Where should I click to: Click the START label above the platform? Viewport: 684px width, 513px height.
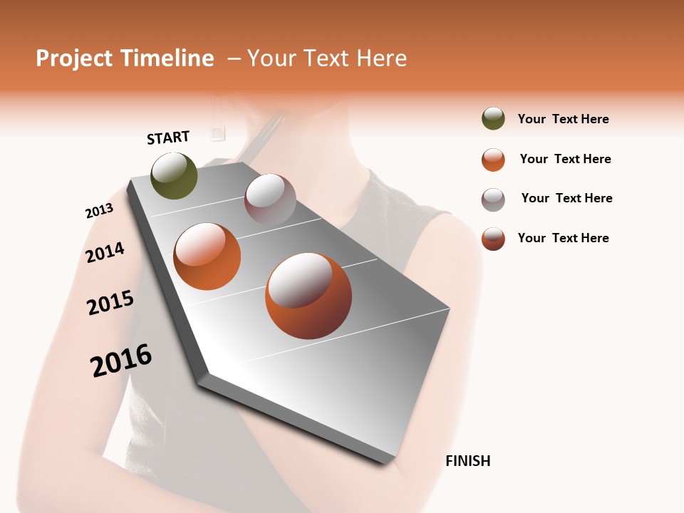pos(168,138)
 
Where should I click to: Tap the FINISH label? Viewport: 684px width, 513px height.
pos(468,461)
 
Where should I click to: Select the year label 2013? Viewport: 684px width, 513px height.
pos(99,211)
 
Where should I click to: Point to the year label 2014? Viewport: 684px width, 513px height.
pos(105,252)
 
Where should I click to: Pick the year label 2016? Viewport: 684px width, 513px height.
pos(121,361)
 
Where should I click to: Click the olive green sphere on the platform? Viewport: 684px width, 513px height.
pos(174,176)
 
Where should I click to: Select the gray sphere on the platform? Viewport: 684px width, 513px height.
pos(270,199)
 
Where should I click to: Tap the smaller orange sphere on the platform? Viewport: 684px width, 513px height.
pos(207,256)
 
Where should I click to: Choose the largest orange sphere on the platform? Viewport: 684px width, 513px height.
pos(309,296)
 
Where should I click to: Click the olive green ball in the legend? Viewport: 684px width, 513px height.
pos(493,119)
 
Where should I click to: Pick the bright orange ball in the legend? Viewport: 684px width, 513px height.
pos(493,160)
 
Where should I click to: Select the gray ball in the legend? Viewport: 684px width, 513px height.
pos(493,199)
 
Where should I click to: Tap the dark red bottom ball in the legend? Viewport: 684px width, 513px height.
pos(493,239)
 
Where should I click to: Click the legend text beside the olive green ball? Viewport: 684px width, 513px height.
pos(563,120)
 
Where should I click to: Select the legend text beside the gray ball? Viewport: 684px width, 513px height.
pos(566,198)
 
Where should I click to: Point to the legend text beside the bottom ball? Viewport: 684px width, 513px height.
pos(563,238)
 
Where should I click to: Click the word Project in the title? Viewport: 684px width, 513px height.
pos(75,58)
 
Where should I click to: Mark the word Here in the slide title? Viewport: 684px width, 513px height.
pos(381,58)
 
